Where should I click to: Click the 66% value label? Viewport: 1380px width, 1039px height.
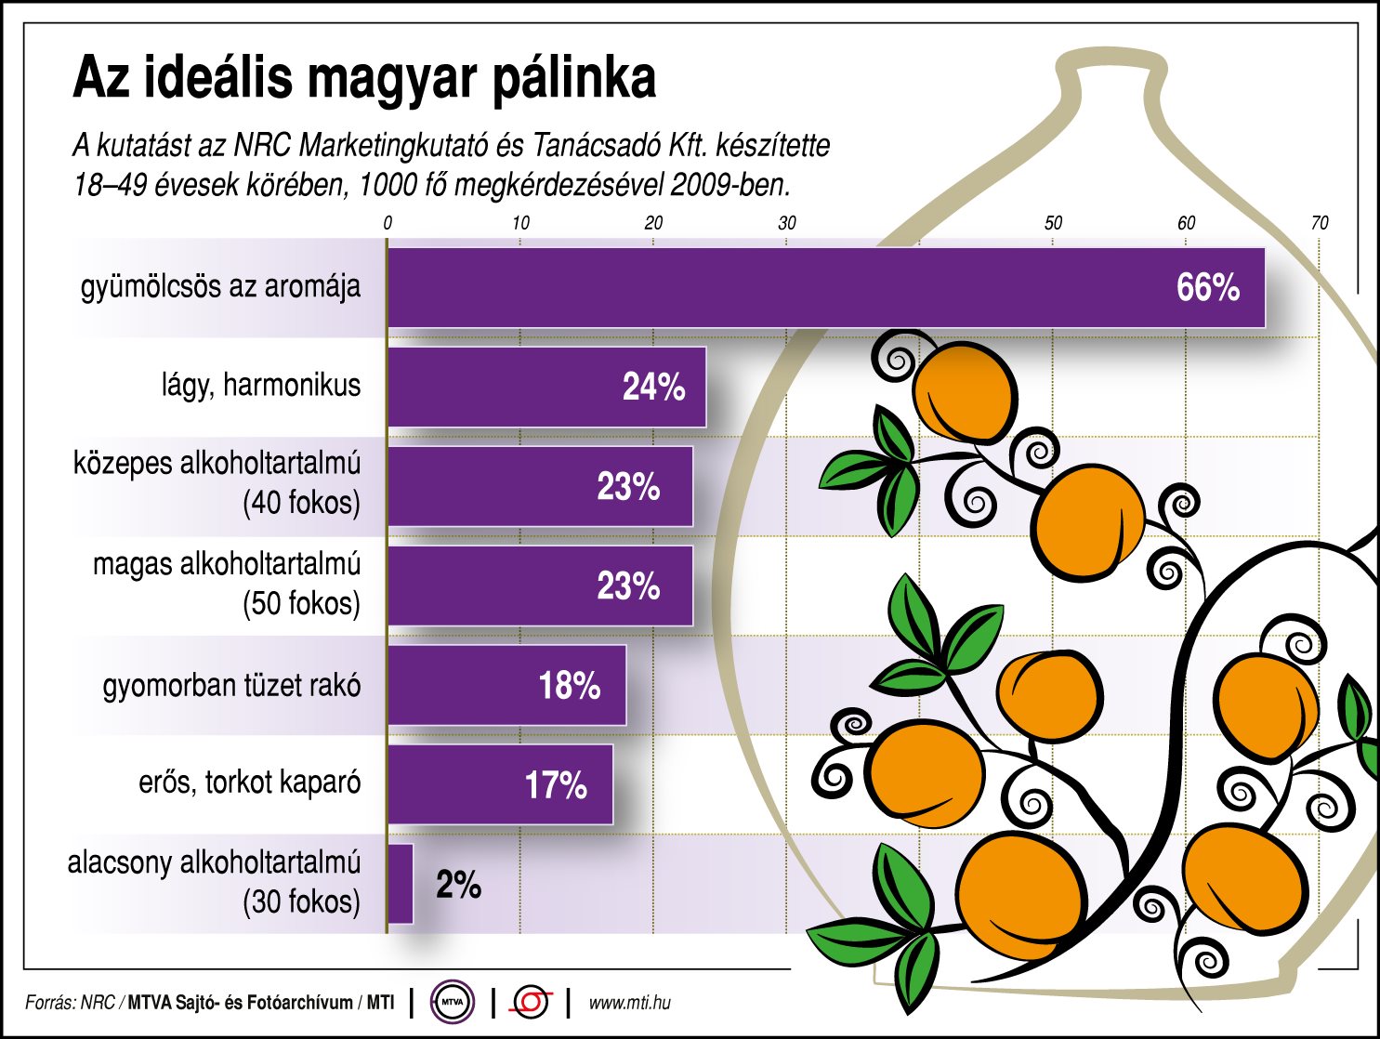[x=1207, y=288]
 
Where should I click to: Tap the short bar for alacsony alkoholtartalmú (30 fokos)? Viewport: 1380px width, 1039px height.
[x=401, y=884]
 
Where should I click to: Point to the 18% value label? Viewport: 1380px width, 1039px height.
[x=569, y=686]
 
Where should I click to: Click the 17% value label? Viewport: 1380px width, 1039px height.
[x=556, y=785]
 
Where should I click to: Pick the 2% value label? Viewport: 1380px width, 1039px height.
[x=458, y=884]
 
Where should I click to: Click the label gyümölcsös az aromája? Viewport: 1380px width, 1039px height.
[x=220, y=286]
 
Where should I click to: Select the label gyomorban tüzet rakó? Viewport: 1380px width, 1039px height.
[x=231, y=686]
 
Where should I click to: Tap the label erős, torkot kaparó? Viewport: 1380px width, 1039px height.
[x=249, y=783]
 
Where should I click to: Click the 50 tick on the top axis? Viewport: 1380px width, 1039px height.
[x=1053, y=223]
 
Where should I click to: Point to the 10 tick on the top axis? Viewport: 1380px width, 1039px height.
[x=520, y=223]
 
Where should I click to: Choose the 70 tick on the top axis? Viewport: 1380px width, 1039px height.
[x=1319, y=223]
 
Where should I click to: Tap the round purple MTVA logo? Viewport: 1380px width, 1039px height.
[x=453, y=1003]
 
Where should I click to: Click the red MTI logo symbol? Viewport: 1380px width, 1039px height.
[x=532, y=1003]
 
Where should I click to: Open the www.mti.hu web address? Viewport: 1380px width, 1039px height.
[x=629, y=1003]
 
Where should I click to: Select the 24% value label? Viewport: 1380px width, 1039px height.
[x=653, y=388]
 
